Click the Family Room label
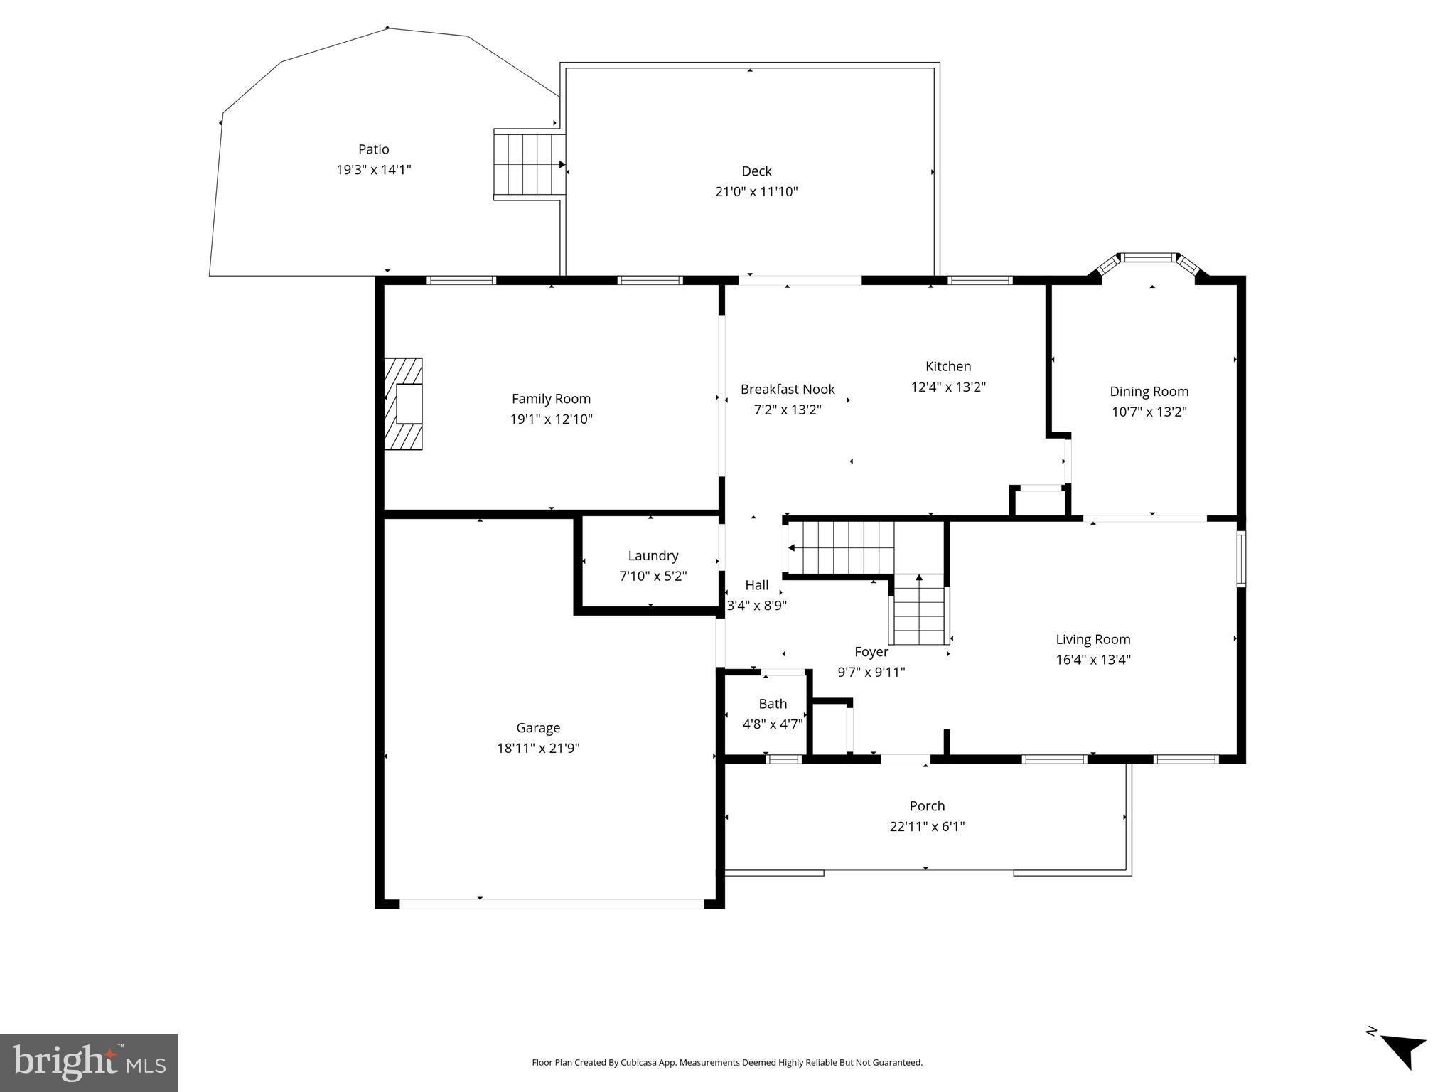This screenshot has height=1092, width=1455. click(551, 399)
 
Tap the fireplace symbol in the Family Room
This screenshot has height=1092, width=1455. click(404, 404)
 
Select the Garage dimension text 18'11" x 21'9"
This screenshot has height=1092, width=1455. click(538, 748)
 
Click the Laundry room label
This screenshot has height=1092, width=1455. click(653, 555)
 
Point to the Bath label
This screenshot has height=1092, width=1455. click(773, 704)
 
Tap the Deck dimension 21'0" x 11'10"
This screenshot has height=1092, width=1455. click(756, 191)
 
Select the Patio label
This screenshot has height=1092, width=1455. click(373, 149)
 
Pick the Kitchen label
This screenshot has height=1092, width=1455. click(947, 366)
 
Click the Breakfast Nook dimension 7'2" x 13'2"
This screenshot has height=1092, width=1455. click(787, 409)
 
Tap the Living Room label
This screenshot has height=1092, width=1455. click(1092, 639)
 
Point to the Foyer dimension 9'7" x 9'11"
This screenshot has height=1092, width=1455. click(871, 672)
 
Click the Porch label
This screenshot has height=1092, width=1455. click(927, 805)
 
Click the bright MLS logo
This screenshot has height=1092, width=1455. click(89, 1062)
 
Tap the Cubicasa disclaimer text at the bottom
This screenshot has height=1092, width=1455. click(726, 1063)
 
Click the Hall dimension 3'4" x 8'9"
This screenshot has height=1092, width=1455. click(756, 606)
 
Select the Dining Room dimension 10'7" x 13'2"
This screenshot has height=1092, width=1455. click(1149, 411)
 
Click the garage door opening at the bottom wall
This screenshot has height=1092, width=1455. click(551, 904)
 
